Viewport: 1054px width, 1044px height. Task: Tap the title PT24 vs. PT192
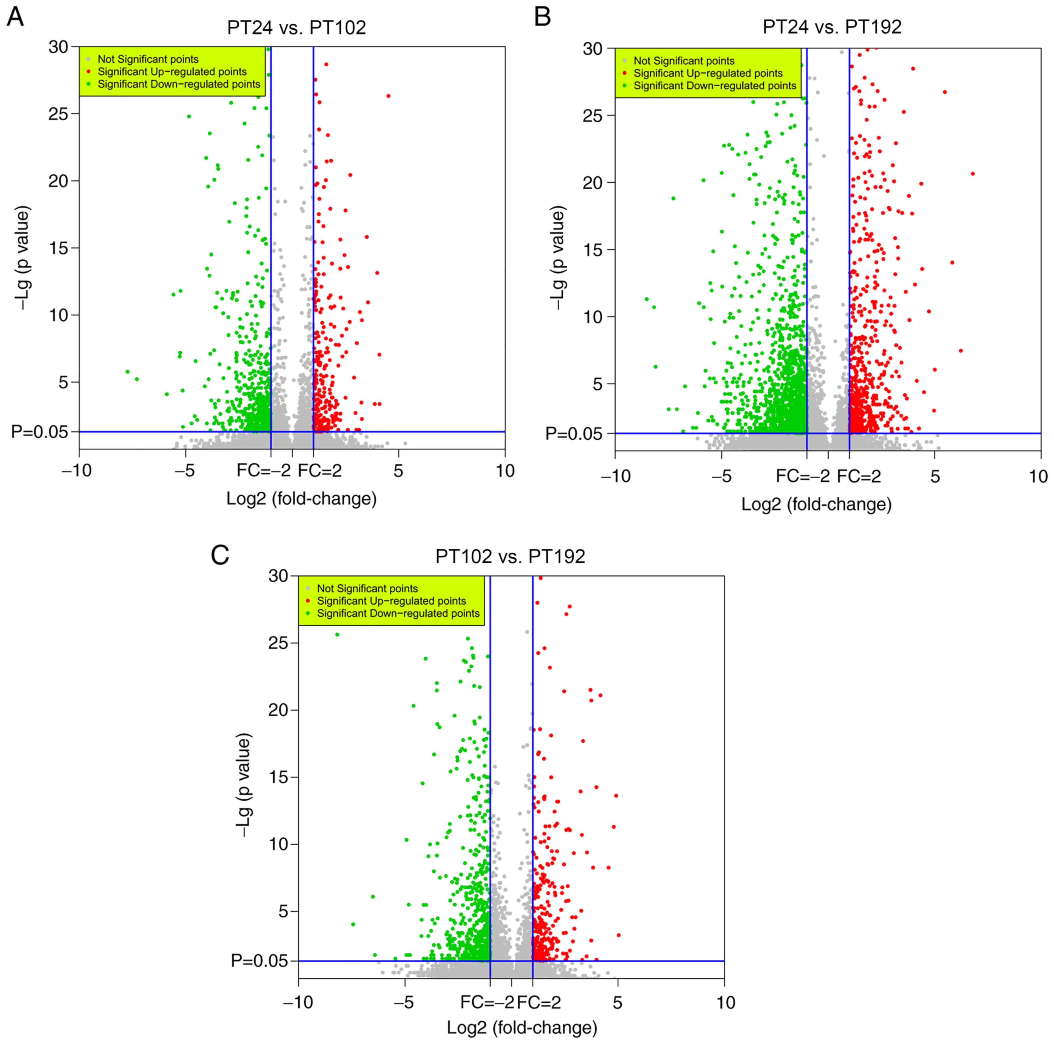(832, 27)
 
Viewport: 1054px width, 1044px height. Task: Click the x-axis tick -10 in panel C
(298, 1002)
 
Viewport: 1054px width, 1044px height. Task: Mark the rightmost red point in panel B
(972, 174)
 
